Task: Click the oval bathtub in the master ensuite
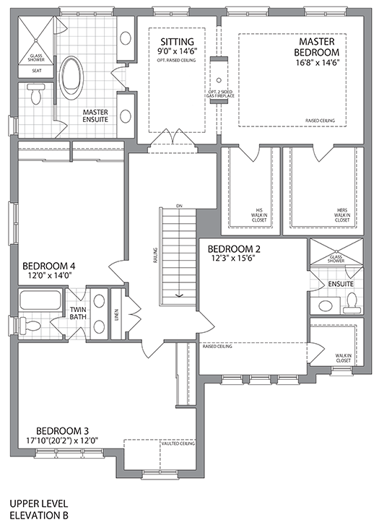pos(72,77)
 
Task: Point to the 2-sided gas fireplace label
pos(218,96)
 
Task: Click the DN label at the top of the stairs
pos(178,207)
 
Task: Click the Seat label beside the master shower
pos(36,71)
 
